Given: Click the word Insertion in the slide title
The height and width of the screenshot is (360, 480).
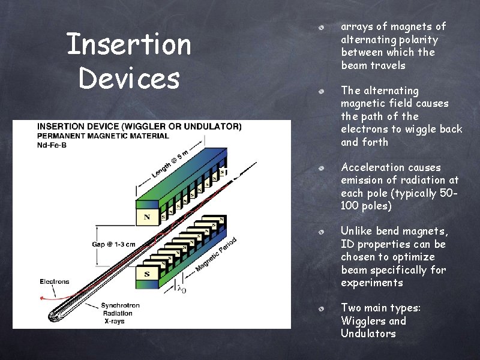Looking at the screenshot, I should coord(128,45).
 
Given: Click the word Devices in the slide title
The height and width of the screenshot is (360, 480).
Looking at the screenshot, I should coord(128,79).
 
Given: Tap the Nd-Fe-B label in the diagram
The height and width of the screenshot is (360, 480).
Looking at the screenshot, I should coord(53,145).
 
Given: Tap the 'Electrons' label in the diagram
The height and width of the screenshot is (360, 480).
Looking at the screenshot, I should coord(55,281).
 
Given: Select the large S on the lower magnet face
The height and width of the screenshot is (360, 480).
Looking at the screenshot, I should coord(146,274).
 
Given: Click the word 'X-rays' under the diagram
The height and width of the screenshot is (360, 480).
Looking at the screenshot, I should coord(115,321).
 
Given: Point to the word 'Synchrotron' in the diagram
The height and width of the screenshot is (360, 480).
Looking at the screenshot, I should coord(121,305).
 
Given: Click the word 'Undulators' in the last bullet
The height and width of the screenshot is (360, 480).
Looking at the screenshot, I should coord(368,334).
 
